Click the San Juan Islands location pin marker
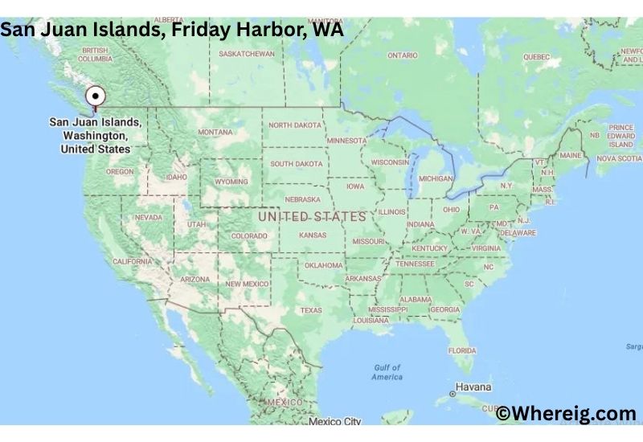point(96,96)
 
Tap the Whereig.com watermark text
point(566,414)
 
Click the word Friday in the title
point(199,30)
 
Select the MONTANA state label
point(215,132)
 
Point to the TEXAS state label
point(311,309)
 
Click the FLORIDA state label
point(462,350)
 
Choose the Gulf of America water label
point(387,372)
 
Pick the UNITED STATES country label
point(312,217)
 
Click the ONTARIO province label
point(403,55)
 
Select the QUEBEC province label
point(536,57)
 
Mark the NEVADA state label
point(148,218)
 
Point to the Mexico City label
point(335,421)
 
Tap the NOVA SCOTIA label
point(619,158)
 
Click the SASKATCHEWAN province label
point(248,54)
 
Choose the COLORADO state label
point(249,236)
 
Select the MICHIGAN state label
point(436,178)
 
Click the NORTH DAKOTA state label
point(294,125)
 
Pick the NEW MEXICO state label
point(248,284)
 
